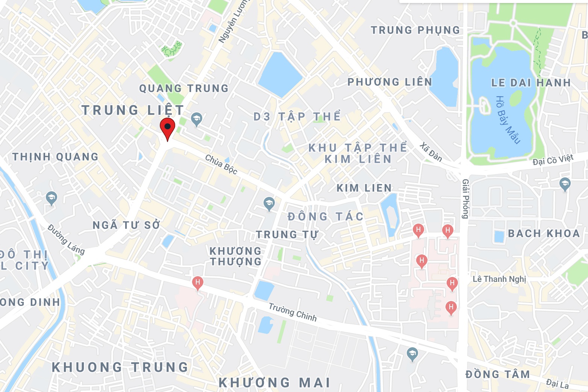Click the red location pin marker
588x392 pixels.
click(x=167, y=128)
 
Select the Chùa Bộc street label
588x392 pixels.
click(x=221, y=165)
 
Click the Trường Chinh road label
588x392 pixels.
click(x=292, y=312)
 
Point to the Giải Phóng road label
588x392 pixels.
click(x=465, y=199)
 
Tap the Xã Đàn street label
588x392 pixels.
click(x=431, y=152)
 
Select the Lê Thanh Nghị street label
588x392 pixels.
click(x=499, y=279)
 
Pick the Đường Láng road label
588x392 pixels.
click(x=66, y=239)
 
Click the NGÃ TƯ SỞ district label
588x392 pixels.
click(x=126, y=225)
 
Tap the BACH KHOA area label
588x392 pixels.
click(x=544, y=233)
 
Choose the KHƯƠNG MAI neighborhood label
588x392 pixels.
click(x=274, y=383)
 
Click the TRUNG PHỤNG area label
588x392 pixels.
click(x=415, y=30)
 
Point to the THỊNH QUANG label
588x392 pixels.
click(x=55, y=157)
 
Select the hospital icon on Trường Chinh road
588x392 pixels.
click(x=197, y=283)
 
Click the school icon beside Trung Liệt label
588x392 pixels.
click(x=196, y=119)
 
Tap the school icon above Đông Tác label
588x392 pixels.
click(x=268, y=204)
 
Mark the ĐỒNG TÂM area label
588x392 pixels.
click(x=497, y=374)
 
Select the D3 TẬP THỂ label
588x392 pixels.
click(x=297, y=117)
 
